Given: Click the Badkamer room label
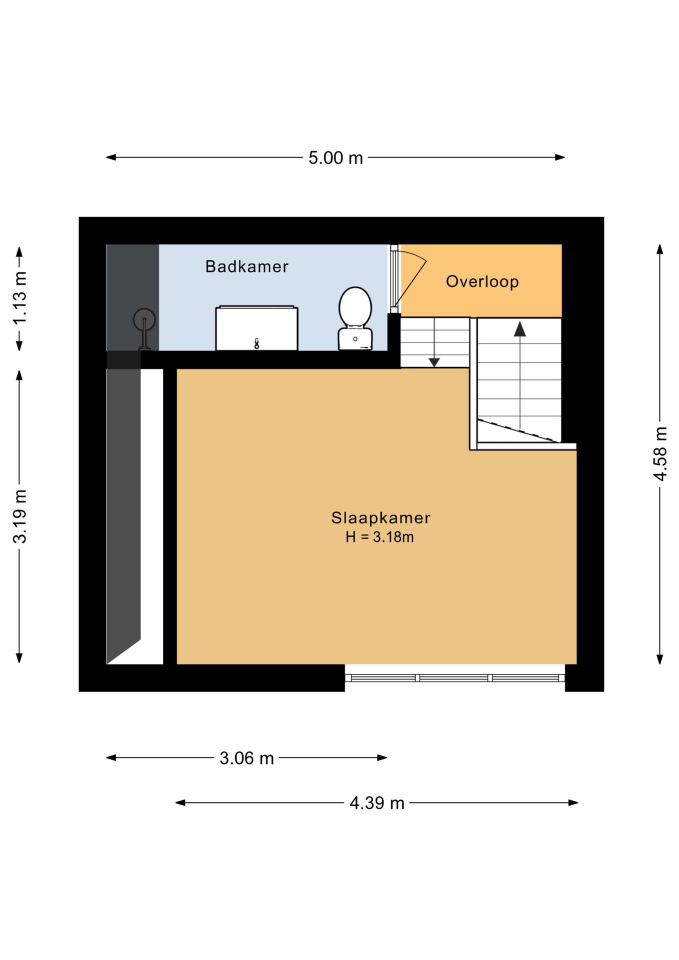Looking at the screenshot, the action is (246, 266).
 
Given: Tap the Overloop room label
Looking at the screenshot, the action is (482, 281).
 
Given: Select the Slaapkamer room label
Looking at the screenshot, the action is (380, 517).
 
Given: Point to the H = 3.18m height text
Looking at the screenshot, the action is (379, 537).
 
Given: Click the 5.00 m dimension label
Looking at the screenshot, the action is (335, 158).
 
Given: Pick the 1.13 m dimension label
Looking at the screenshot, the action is (20, 298).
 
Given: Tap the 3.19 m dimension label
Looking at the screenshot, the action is (20, 516).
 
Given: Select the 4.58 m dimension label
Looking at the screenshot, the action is (660, 454).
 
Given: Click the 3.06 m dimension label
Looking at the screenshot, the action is (246, 758).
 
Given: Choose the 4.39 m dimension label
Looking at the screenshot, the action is (376, 803).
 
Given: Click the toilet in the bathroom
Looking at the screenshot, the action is (355, 318).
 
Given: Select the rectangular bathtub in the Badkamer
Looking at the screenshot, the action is (256, 328).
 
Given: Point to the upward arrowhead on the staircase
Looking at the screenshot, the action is (520, 329).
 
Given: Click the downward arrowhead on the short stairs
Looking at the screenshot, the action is (434, 362).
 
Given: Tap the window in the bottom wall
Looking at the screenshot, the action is (454, 678).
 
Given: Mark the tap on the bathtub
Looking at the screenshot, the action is (256, 343).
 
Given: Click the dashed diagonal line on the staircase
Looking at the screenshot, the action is (517, 430).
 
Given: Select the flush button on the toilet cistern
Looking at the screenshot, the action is (355, 339).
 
